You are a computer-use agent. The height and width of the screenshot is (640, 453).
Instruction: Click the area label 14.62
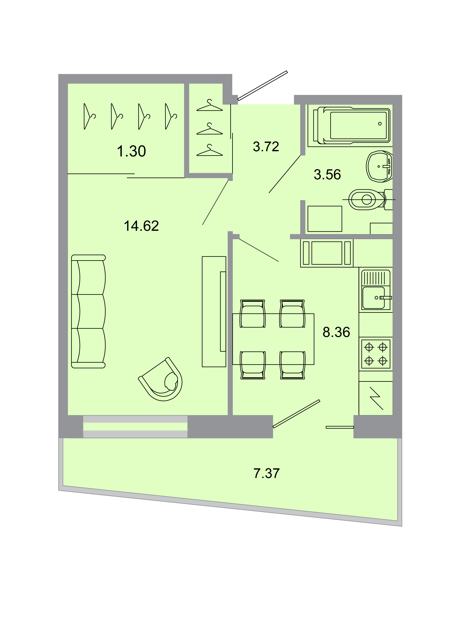(141, 226)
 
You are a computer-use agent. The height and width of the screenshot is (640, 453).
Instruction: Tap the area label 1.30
(131, 151)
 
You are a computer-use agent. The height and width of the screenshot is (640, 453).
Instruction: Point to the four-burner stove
(376, 354)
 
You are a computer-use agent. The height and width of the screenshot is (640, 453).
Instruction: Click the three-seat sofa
(88, 311)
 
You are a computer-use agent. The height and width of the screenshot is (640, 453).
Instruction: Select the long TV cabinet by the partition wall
(214, 311)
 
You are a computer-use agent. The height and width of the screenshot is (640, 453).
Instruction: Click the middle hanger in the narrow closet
(209, 129)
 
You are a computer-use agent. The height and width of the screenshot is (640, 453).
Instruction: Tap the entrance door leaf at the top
(262, 85)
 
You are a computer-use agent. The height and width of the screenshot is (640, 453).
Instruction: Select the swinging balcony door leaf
(296, 414)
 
